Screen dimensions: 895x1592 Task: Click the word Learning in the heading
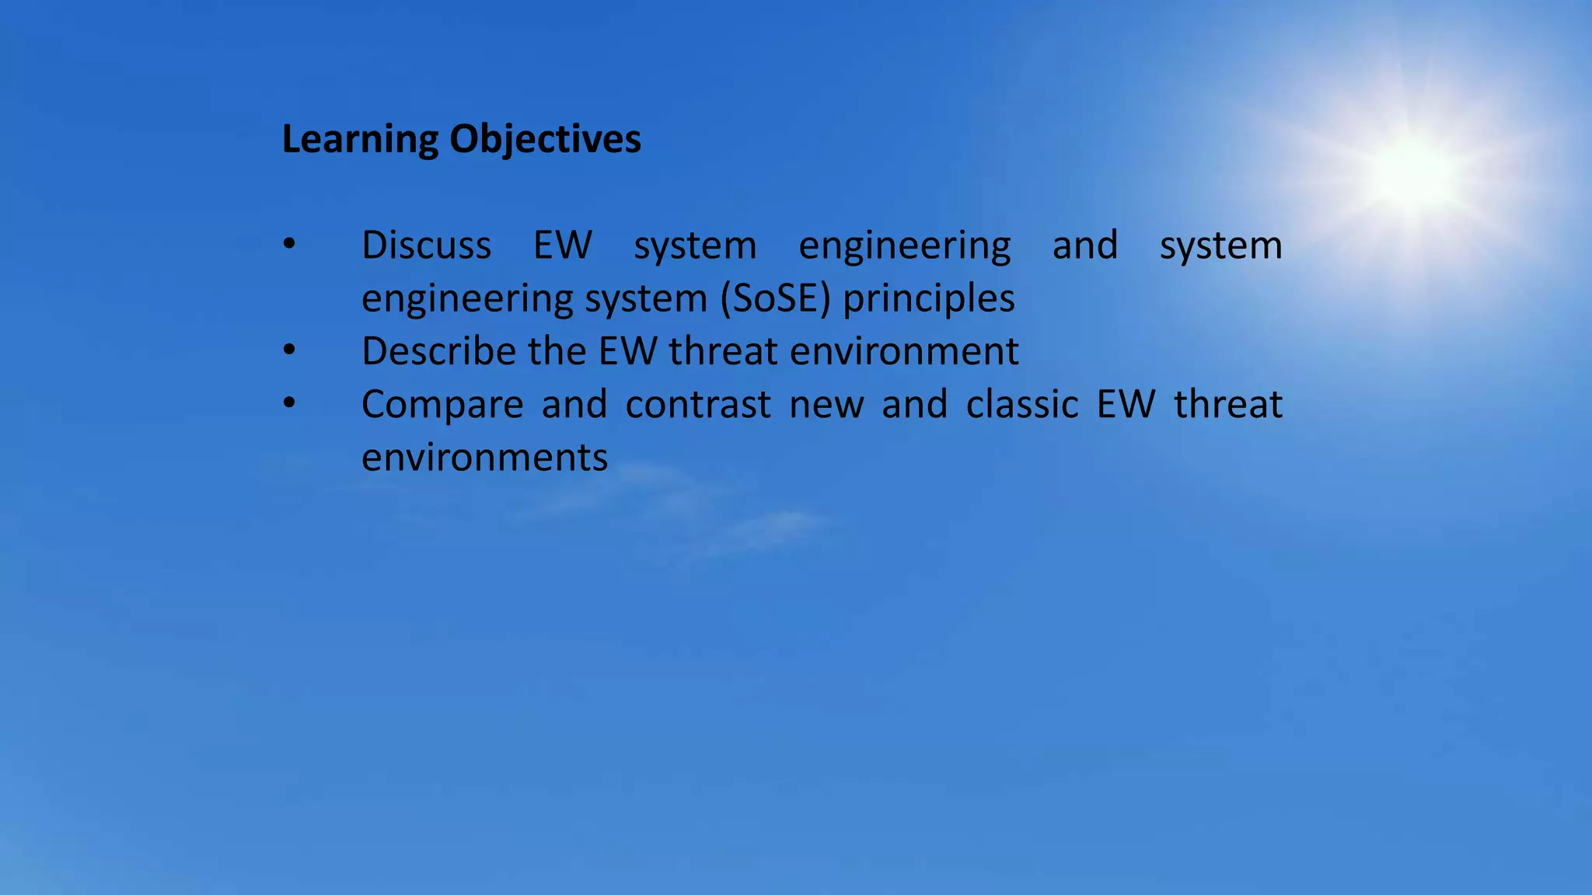tap(360, 141)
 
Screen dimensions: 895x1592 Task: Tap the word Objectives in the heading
tap(545, 141)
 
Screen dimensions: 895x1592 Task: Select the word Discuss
tap(426, 246)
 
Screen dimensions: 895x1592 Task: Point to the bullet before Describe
tap(289, 350)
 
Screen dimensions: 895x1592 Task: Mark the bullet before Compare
tap(289, 403)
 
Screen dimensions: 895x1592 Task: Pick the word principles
tap(929, 298)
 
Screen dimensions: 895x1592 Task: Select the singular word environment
tap(904, 351)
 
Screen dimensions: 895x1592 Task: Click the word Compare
tap(442, 405)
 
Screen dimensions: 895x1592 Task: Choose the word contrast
tap(698, 405)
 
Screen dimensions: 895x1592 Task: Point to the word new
tap(826, 405)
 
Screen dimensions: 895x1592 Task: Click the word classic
tap(1022, 405)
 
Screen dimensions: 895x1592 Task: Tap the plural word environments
tap(484, 458)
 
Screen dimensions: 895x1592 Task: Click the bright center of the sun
tap(1411, 172)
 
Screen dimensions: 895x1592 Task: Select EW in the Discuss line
tap(562, 246)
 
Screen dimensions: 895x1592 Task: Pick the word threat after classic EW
tap(1227, 405)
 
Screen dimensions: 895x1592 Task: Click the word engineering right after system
tap(904, 246)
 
